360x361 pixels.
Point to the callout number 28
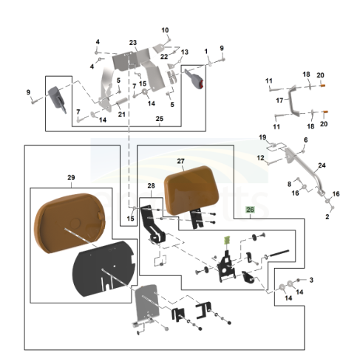click(x=151, y=185)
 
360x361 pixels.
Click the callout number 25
click(x=159, y=119)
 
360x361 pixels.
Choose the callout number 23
click(x=133, y=42)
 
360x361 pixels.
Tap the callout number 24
click(x=322, y=165)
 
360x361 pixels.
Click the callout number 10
click(x=166, y=30)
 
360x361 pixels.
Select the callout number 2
click(x=327, y=217)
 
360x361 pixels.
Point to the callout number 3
click(x=310, y=280)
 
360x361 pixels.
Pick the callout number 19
click(x=262, y=138)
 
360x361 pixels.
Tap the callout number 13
click(x=185, y=52)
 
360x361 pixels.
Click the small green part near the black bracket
click(x=229, y=241)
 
